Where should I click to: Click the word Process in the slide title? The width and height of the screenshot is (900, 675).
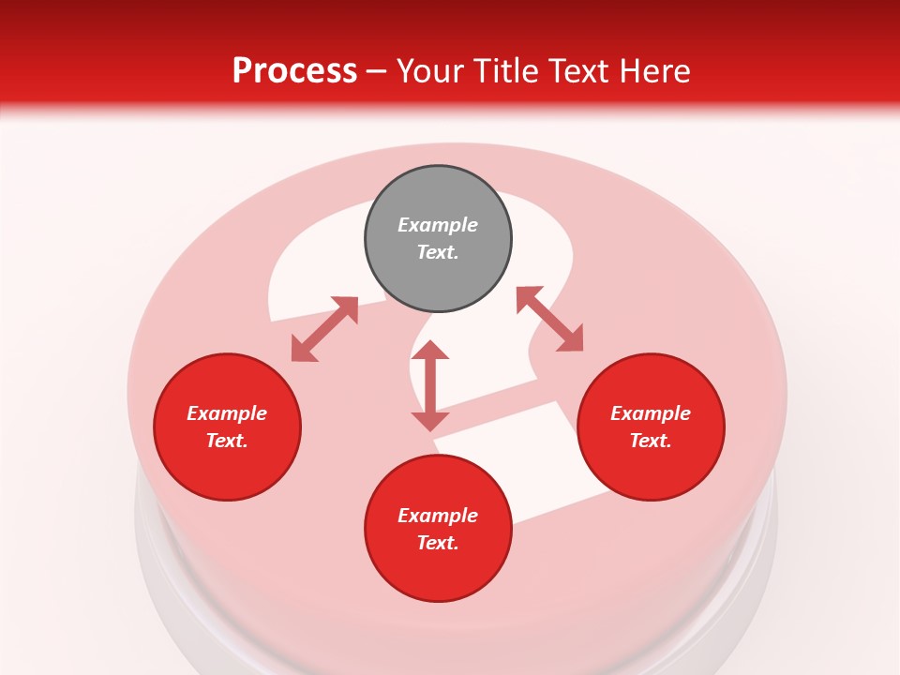[294, 71]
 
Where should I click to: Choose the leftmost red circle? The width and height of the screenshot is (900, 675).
[227, 427]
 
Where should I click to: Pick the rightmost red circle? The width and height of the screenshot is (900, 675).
[651, 427]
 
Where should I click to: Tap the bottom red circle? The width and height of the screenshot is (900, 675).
[438, 529]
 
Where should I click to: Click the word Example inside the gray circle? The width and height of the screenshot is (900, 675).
[438, 225]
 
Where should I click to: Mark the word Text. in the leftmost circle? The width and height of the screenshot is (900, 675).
[227, 441]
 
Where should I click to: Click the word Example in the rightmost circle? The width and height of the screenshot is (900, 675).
[651, 413]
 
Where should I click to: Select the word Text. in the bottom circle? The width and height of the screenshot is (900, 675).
[438, 543]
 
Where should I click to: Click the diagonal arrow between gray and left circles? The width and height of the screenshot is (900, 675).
[324, 329]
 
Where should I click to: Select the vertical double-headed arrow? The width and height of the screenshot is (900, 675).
[430, 385]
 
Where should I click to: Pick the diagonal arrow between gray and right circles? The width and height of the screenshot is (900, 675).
[549, 320]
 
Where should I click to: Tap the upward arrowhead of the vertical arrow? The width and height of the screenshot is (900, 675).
[430, 350]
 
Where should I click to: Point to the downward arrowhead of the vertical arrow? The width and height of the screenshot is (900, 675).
[430, 421]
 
